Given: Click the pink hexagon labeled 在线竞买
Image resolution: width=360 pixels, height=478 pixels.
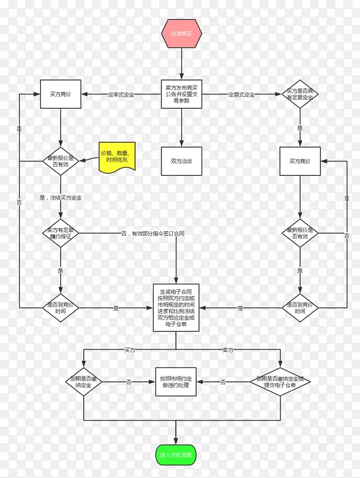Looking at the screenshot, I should coord(181,33).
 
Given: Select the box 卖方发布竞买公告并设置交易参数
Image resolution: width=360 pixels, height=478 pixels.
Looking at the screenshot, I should coord(181,94).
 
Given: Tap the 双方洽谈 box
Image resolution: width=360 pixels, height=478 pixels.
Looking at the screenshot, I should coord(181,161).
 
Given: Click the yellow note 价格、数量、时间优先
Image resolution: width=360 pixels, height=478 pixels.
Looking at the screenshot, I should coord(118,157).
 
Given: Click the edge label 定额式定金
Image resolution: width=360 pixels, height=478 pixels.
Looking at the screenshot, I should coord(241,94).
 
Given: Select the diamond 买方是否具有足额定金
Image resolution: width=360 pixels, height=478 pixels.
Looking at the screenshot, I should coord(301,94).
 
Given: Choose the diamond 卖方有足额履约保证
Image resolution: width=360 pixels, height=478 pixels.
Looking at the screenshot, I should coord(60,232).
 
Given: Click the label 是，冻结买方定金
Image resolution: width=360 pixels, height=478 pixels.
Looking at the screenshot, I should coord(60,197).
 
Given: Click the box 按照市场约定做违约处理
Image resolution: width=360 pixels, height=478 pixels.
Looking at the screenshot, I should coord(176,382).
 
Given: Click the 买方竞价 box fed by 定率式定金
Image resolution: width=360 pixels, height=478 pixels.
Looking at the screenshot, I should coord(60,94).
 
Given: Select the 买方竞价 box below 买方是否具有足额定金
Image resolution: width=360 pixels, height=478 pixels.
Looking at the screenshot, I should coord(300,161).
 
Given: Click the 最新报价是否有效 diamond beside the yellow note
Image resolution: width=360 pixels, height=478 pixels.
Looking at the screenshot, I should coord(60,161).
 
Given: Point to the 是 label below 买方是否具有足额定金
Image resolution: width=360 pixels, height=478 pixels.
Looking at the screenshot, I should coord(300,128).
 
